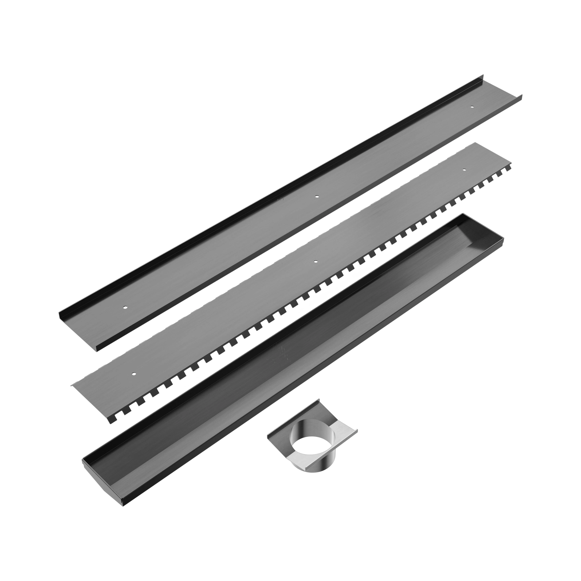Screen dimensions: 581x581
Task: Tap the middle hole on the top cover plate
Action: tap(316, 197)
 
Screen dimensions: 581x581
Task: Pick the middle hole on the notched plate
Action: tap(315, 262)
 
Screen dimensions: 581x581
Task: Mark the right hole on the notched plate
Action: tap(464, 170)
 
